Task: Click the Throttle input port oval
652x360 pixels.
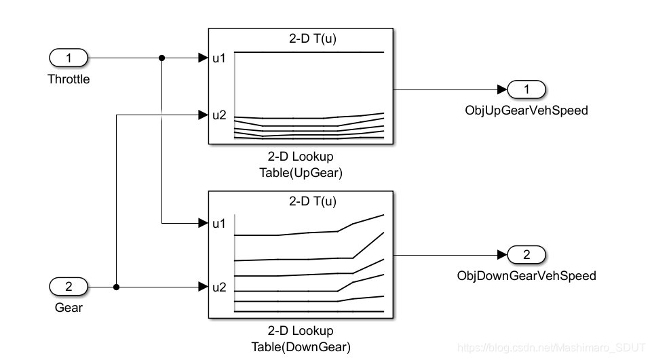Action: click(x=69, y=58)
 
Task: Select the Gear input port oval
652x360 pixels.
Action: click(x=69, y=287)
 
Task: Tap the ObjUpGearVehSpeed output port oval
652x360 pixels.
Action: click(x=526, y=89)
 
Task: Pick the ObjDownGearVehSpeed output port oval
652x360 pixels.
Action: click(x=526, y=255)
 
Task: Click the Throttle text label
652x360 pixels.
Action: click(x=69, y=79)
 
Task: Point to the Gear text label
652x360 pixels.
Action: click(x=69, y=308)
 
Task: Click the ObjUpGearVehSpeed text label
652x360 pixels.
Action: click(x=526, y=110)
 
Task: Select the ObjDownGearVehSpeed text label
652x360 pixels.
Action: click(x=526, y=276)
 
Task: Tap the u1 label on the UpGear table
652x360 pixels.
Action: click(x=219, y=58)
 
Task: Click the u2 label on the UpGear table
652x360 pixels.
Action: click(x=219, y=115)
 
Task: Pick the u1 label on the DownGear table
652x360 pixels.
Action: click(x=219, y=223)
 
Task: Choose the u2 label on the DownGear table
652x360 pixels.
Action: click(x=219, y=287)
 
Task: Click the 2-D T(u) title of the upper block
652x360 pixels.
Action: click(x=313, y=39)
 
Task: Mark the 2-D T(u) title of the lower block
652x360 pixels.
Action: click(x=313, y=201)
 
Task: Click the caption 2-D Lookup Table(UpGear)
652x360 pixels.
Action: click(x=301, y=165)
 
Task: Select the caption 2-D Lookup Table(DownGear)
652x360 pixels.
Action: click(x=301, y=340)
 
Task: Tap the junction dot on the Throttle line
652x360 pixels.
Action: click(x=161, y=58)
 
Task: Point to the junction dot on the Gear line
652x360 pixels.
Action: click(x=117, y=287)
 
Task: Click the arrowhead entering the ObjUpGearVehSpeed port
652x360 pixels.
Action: click(x=502, y=89)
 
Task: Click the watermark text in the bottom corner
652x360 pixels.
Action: click(x=552, y=347)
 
